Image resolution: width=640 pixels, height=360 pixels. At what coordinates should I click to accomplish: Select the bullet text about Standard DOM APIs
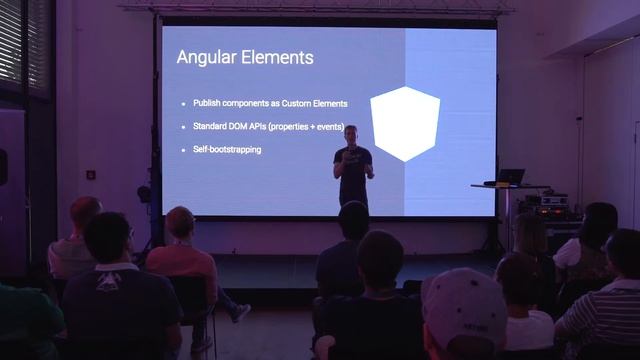click(x=263, y=126)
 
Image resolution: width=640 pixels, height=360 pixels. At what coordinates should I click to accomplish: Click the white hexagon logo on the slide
click(x=405, y=123)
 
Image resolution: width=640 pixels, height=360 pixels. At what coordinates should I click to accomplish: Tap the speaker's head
click(x=351, y=133)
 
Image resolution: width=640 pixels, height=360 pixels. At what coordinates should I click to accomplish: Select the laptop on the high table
click(x=511, y=177)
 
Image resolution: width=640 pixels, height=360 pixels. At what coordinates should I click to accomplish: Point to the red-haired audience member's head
click(x=86, y=213)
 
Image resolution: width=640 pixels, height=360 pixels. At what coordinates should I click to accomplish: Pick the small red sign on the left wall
click(x=91, y=174)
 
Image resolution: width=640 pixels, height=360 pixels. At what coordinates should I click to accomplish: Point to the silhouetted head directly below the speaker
click(x=353, y=220)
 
